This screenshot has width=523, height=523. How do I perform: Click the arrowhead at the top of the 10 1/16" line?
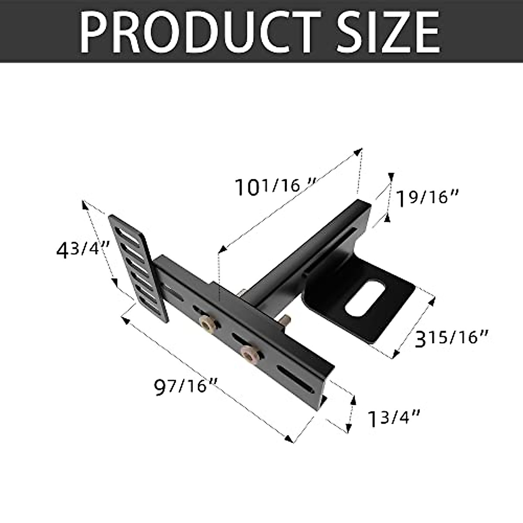pyautogui.click(x=360, y=152)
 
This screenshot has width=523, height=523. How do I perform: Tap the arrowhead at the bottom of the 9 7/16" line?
pyautogui.click(x=289, y=440)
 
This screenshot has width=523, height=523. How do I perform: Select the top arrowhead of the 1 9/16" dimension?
pyautogui.click(x=391, y=176)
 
